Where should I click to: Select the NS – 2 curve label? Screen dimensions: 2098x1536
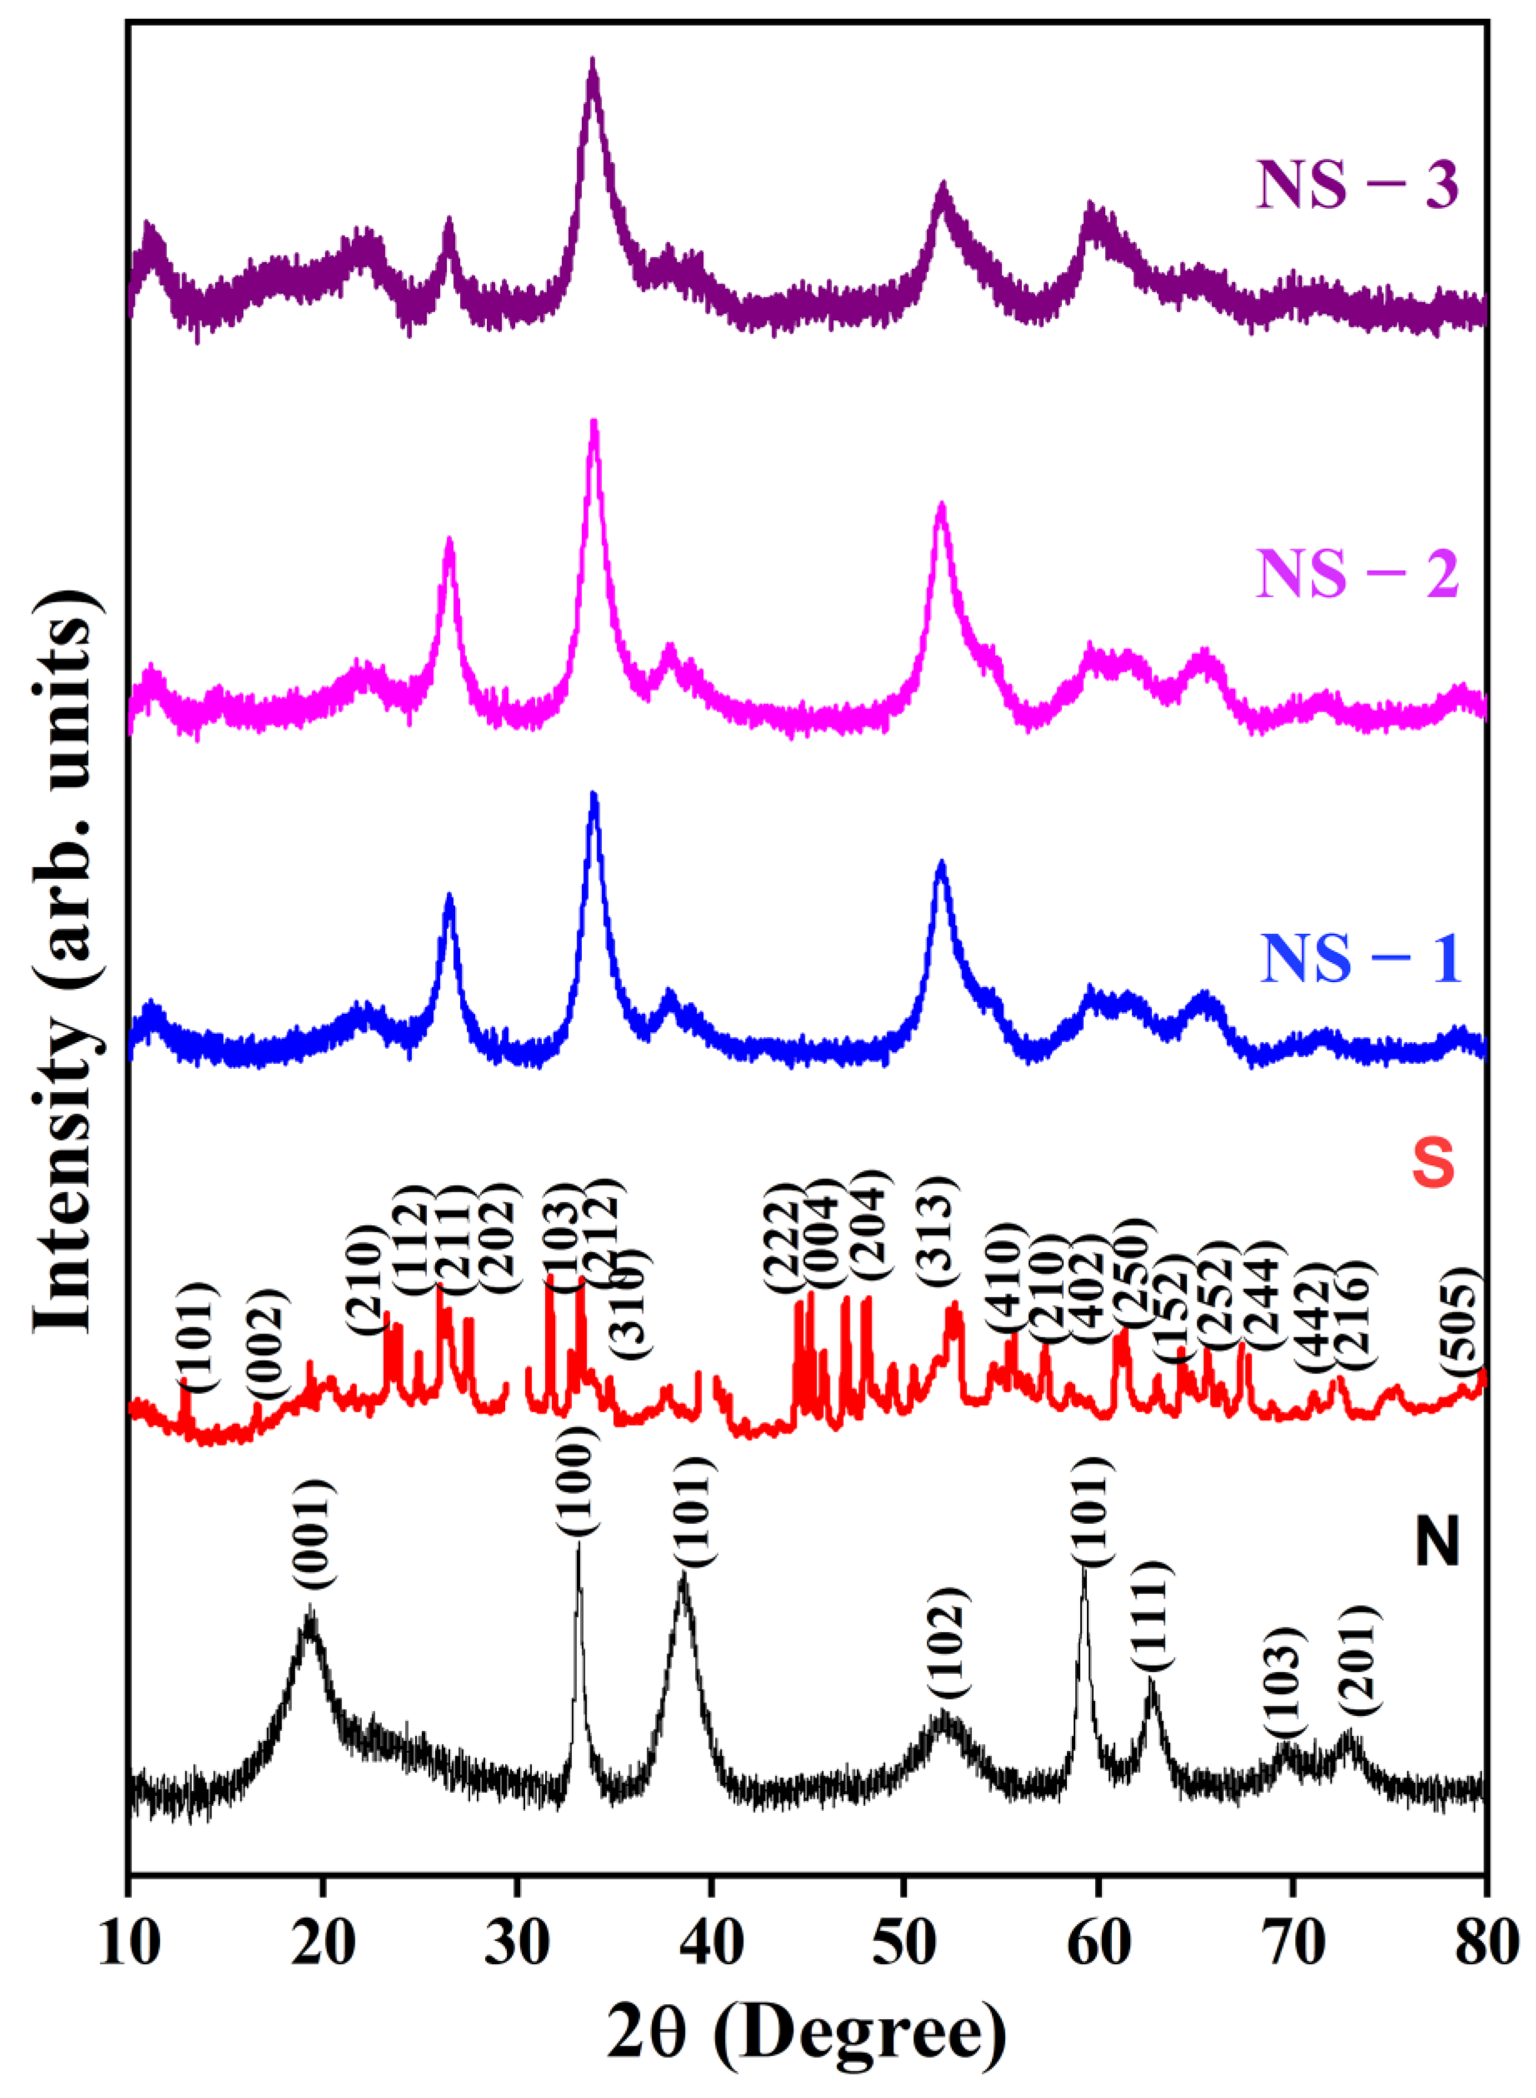click(1357, 574)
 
